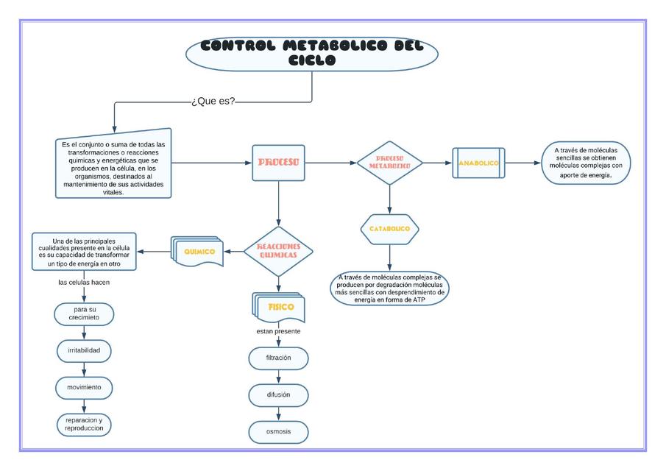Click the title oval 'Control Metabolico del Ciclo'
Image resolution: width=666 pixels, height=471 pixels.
pyautogui.click(x=312, y=53)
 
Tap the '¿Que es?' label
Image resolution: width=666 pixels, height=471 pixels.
pyautogui.click(x=213, y=101)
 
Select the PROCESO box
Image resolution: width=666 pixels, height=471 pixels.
pyautogui.click(x=278, y=162)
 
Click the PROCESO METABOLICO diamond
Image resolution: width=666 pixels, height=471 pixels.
pyautogui.click(x=389, y=162)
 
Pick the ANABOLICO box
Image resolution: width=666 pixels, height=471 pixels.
pyautogui.click(x=478, y=163)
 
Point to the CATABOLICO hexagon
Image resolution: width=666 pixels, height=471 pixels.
pyautogui.click(x=389, y=229)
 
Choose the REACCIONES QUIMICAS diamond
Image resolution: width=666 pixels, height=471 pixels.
pyautogui.click(x=278, y=251)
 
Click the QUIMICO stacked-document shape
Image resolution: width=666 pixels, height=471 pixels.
pyautogui.click(x=197, y=252)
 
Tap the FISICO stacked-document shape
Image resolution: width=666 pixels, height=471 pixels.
pyautogui.click(x=280, y=307)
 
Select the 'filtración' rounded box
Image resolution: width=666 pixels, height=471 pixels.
pyautogui.click(x=278, y=358)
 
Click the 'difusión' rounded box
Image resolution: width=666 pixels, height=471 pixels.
pyautogui.click(x=278, y=395)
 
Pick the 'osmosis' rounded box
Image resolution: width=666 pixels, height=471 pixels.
pyautogui.click(x=278, y=432)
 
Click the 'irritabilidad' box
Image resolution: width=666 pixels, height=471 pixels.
pyautogui.click(x=84, y=350)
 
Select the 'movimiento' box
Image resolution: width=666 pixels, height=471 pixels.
pyautogui.click(x=84, y=387)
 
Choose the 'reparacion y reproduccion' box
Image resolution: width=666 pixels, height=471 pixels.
pyautogui.click(x=84, y=424)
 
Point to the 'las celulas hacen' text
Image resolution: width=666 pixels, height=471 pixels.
pyautogui.click(x=84, y=283)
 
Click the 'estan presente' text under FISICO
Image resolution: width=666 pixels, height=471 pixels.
pyautogui.click(x=278, y=331)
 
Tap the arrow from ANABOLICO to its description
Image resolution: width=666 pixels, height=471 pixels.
pyautogui.click(x=524, y=163)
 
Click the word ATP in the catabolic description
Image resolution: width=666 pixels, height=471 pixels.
pyautogui.click(x=418, y=300)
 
